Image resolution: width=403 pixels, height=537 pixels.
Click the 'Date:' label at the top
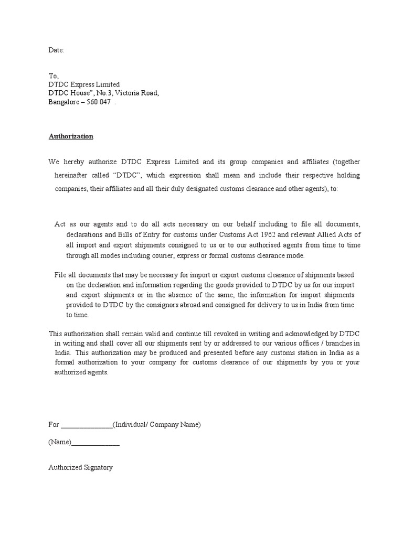tap(56, 50)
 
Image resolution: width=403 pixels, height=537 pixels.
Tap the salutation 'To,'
tap(54, 76)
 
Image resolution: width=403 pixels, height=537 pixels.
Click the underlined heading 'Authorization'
tap(71, 136)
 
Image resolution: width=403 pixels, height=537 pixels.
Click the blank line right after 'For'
tap(87, 425)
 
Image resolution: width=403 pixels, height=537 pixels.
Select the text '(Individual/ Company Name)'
tap(157, 425)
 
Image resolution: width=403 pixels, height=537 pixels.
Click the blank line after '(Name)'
tap(96, 442)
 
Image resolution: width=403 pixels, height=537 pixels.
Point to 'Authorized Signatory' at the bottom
tap(80, 467)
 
